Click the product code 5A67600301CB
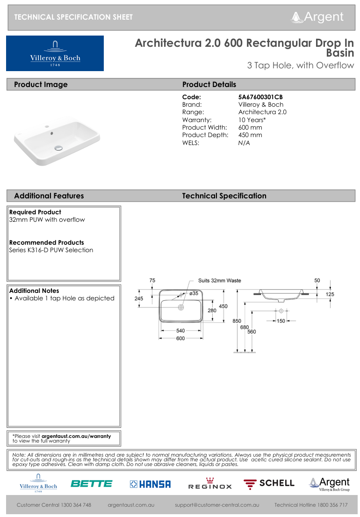(260, 97)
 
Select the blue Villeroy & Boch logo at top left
(55, 53)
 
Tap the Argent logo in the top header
(317, 17)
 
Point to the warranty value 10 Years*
(252, 120)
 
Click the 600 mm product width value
(250, 127)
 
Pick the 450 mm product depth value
(250, 135)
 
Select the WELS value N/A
(244, 143)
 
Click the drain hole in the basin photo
(59, 148)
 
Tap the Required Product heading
(35, 212)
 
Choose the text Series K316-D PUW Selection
(51, 250)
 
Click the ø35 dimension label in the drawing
(194, 293)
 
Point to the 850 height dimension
(237, 321)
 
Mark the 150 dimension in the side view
(281, 321)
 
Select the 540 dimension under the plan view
(180, 331)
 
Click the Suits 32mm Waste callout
(219, 280)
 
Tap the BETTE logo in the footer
(92, 484)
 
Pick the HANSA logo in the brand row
(150, 484)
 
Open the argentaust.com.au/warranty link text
(76, 436)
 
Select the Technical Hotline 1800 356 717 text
(311, 505)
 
